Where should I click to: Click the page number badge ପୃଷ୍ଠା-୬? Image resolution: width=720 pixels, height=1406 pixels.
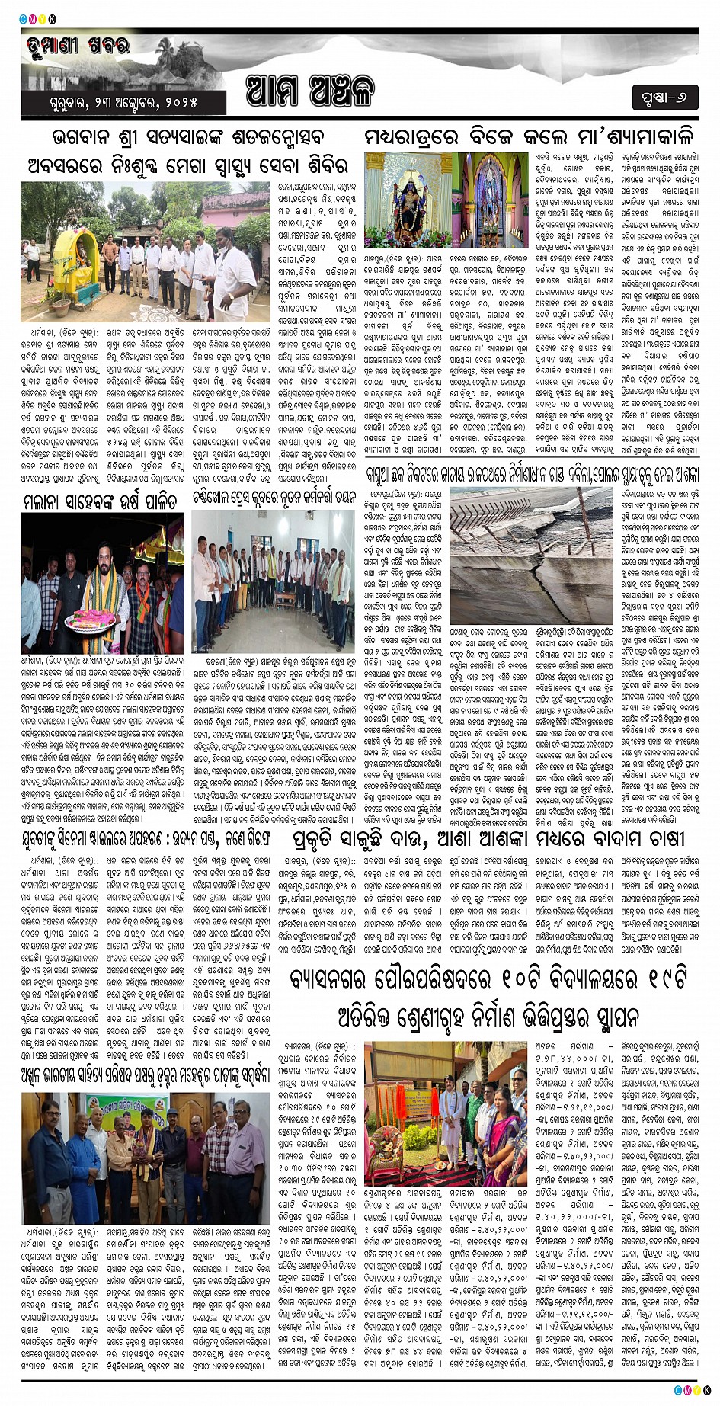(x=664, y=98)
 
